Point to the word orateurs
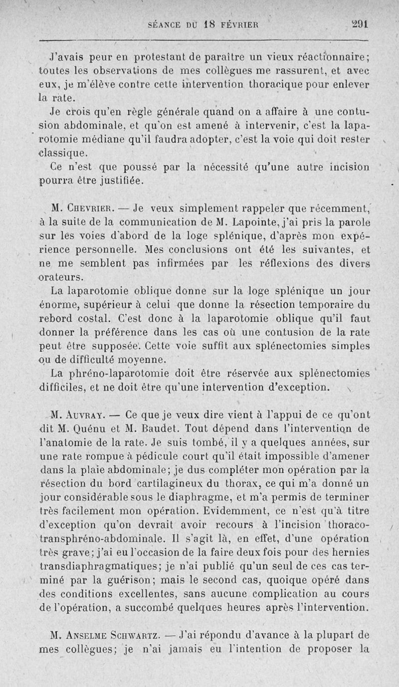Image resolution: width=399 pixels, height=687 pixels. click(x=63, y=276)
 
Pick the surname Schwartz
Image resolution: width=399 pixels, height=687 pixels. click(x=138, y=634)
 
